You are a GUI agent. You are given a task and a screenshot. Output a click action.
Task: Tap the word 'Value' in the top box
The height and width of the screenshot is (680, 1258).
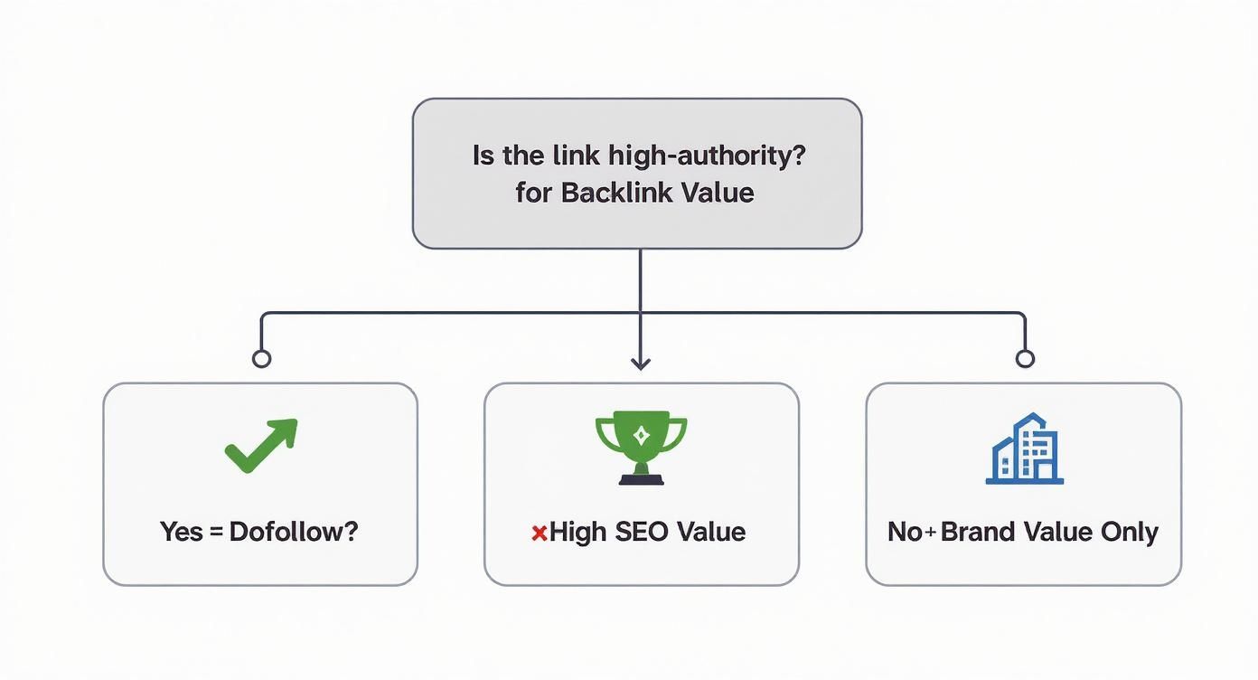pyautogui.click(x=718, y=192)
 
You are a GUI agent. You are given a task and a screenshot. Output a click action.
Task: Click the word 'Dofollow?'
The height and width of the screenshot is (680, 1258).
pyautogui.click(x=294, y=531)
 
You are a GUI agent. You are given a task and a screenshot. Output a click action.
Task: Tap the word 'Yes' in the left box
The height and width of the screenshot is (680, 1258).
pyautogui.click(x=181, y=531)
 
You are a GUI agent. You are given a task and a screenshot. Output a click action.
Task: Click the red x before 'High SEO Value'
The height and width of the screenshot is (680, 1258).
pyautogui.click(x=539, y=533)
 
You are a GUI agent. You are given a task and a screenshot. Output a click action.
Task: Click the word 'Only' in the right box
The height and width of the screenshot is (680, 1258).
pyautogui.click(x=1129, y=531)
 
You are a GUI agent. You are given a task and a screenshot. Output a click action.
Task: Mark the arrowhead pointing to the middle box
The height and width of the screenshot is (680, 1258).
pyautogui.click(x=641, y=363)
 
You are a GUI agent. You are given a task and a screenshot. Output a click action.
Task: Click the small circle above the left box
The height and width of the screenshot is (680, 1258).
pyautogui.click(x=261, y=359)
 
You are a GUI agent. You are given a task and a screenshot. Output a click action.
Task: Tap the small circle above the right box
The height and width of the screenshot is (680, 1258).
pyautogui.click(x=1024, y=359)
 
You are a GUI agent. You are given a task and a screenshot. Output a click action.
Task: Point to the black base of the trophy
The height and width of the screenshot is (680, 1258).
pyautogui.click(x=641, y=478)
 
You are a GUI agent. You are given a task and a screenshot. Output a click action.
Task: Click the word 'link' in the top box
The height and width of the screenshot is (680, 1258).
pyautogui.click(x=574, y=155)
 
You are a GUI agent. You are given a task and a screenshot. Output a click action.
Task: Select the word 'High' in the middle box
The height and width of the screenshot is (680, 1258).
pyautogui.click(x=577, y=531)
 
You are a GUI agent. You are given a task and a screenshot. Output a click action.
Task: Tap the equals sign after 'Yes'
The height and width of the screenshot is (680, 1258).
pyautogui.click(x=215, y=532)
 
